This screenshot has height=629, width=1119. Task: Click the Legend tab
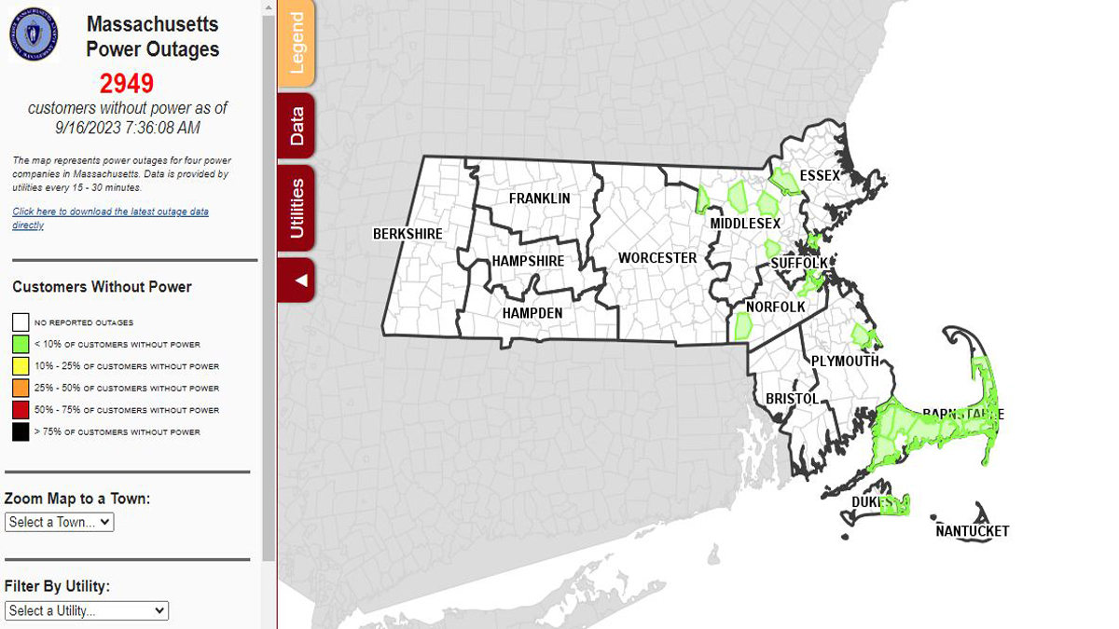point(297,44)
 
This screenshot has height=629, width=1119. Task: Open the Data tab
point(297,126)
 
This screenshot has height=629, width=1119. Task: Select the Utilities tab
point(297,208)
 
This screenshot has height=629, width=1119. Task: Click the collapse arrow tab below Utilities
point(297,280)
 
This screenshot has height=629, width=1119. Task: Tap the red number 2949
point(127,84)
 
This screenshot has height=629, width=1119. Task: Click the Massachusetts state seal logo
point(34,34)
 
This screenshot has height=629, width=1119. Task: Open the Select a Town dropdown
point(60,523)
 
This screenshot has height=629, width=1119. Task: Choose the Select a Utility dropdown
point(87,611)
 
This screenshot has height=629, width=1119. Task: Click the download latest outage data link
point(110,218)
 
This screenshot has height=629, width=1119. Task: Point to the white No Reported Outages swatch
point(21,322)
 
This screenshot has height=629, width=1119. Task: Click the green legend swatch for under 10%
point(21,345)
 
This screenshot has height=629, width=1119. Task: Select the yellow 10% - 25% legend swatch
point(21,366)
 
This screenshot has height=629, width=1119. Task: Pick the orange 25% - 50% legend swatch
point(21,389)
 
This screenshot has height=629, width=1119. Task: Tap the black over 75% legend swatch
point(21,432)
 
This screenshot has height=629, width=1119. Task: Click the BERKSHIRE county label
point(408,234)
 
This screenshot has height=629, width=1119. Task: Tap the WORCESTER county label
point(657,258)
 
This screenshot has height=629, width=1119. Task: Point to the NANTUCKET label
point(973,531)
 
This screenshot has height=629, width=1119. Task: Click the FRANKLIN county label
point(539,198)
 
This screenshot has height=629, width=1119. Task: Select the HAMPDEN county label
point(532,313)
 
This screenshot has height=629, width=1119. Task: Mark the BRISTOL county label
point(792,399)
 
